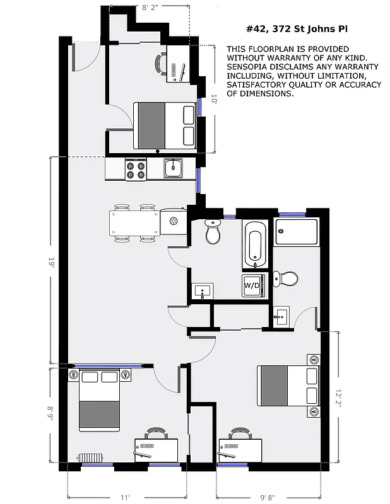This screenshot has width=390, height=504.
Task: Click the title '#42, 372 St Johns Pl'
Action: (296, 29)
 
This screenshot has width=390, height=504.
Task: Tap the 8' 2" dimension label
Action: (149, 8)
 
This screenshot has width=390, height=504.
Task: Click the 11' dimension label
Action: (125, 497)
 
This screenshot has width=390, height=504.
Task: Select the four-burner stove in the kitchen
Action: (136, 168)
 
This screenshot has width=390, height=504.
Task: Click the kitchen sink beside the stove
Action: (174, 168)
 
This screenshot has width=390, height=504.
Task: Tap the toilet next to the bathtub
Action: (213, 234)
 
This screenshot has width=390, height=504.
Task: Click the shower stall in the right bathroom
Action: (298, 231)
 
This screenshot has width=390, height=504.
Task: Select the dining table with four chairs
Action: (134, 222)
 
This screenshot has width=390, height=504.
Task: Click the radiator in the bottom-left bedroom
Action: (90, 457)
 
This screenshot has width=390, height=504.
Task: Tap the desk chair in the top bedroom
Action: (162, 63)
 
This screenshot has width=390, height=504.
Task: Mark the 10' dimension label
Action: (214, 99)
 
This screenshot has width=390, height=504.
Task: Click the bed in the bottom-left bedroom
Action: (99, 407)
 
